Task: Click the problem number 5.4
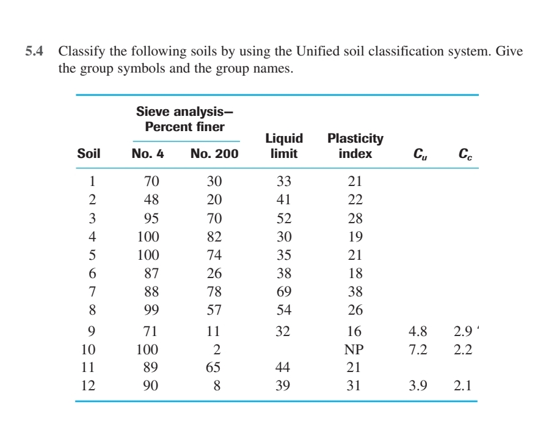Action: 34,52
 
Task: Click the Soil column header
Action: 89,154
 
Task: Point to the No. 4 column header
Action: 148,154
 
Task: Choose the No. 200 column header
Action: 214,154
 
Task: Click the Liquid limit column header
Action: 284,146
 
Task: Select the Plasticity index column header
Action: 355,146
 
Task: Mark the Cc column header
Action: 464,154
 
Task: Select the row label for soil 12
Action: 89,385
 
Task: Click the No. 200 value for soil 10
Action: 215,350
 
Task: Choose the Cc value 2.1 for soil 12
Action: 464,385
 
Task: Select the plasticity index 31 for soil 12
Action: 355,385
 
